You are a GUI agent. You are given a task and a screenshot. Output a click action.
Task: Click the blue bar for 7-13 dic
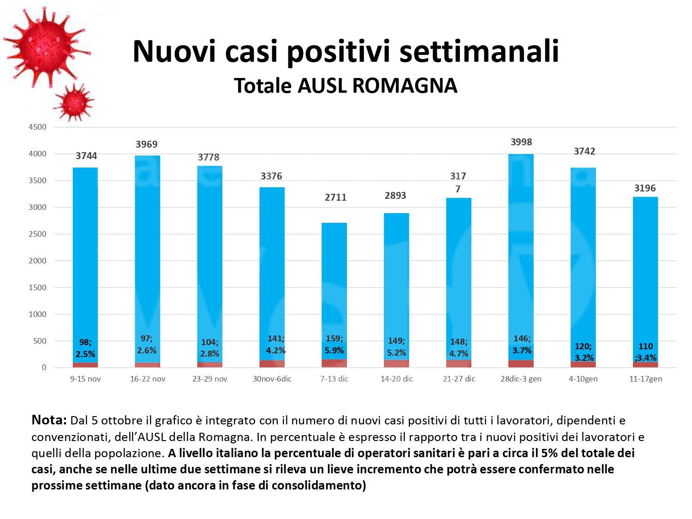pyautogui.click(x=334, y=277)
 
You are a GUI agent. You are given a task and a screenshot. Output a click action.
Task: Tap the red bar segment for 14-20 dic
pyautogui.click(x=396, y=364)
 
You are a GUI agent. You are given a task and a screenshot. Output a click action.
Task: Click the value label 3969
pyautogui.click(x=146, y=144)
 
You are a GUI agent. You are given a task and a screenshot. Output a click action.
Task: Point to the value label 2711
pyautogui.click(x=335, y=197)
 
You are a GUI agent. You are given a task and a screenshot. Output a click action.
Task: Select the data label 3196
pyautogui.click(x=644, y=188)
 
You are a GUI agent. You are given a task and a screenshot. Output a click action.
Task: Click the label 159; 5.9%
pyautogui.click(x=334, y=345)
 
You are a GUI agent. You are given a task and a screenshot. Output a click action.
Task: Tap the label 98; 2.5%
pyautogui.click(x=85, y=348)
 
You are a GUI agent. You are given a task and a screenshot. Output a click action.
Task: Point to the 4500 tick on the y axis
pyautogui.click(x=37, y=127)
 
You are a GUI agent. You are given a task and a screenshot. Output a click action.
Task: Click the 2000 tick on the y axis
pyautogui.click(x=37, y=261)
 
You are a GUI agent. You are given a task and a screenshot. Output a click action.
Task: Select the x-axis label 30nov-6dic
pyautogui.click(x=272, y=379)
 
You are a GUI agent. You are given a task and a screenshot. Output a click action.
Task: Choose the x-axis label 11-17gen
pyautogui.click(x=645, y=379)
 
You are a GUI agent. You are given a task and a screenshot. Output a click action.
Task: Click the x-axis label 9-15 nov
pyautogui.click(x=85, y=379)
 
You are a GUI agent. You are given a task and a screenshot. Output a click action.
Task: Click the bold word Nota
pyautogui.click(x=49, y=420)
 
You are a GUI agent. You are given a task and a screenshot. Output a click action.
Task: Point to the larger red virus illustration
pyautogui.click(x=46, y=46)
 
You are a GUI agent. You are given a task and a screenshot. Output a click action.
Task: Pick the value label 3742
pyautogui.click(x=584, y=151)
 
